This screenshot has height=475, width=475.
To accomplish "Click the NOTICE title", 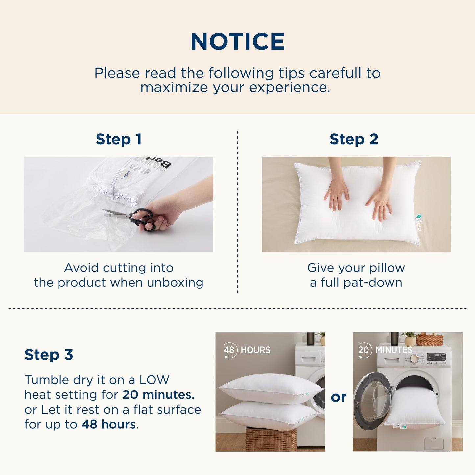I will pyautogui.click(x=237, y=42).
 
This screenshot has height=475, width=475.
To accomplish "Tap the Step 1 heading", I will pyautogui.click(x=119, y=139).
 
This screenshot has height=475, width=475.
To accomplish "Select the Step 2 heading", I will pyautogui.click(x=354, y=139).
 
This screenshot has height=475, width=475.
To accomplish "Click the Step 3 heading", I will pyautogui.click(x=49, y=355).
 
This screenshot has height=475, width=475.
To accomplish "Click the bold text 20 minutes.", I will pyautogui.click(x=158, y=395).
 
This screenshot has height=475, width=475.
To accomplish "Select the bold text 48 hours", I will pyautogui.click(x=108, y=424).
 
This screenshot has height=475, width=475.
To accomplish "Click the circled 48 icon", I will pyautogui.click(x=230, y=350).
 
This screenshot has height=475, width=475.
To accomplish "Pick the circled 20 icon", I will pyautogui.click(x=365, y=350).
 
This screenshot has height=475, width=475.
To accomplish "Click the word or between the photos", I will pyautogui.click(x=339, y=397).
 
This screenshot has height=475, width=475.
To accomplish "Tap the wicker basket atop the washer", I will pyautogui.click(x=429, y=340).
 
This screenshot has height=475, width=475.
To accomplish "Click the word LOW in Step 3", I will pyautogui.click(x=154, y=380).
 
